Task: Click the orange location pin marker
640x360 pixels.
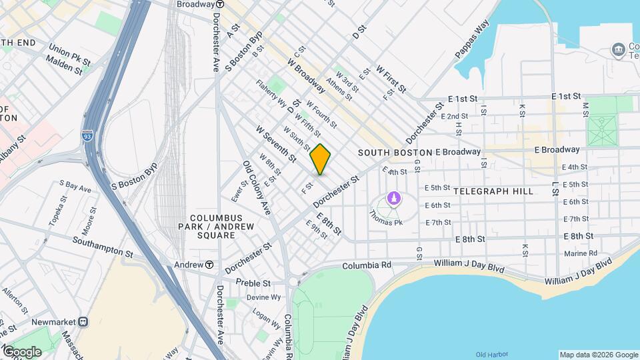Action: [x=321, y=159]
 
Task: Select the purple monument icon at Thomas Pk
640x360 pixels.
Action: [x=393, y=199]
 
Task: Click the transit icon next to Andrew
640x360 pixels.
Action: [x=209, y=265]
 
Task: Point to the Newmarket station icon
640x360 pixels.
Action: [x=83, y=321]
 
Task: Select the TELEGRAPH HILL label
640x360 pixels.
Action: [x=493, y=191]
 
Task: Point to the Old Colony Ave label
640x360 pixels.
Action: [x=257, y=188]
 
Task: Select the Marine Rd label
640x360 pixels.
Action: [x=580, y=253]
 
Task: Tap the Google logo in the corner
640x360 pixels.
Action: [x=22, y=351]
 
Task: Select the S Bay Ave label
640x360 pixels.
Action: [x=75, y=185]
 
